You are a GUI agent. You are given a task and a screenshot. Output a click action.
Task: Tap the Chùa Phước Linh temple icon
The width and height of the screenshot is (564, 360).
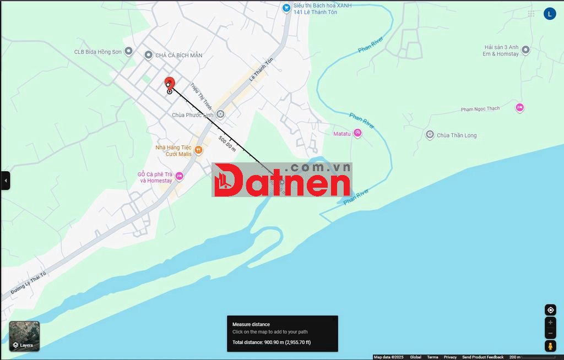coord(220,114)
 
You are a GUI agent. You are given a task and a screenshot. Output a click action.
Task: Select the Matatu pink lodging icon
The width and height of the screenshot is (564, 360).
coord(358,133)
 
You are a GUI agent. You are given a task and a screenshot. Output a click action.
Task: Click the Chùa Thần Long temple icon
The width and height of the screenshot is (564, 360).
coord(430,135)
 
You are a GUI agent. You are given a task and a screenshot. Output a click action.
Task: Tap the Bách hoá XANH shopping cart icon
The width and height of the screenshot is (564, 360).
coord(286,8)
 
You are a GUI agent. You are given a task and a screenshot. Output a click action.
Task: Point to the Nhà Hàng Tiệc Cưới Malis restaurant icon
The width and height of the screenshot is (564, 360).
coord(199,150)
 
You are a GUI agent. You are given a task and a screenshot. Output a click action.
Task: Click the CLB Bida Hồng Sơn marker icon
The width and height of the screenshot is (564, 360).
coord(129,51)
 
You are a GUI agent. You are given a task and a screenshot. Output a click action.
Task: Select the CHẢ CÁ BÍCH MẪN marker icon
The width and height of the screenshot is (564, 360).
coord(148,54)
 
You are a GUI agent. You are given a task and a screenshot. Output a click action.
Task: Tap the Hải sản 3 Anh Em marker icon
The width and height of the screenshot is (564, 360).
coord(525,50)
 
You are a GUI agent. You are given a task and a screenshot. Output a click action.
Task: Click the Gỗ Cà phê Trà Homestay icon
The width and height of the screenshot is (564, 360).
coord(179,176)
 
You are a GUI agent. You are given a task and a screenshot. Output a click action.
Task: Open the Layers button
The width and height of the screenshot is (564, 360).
coord(24,336)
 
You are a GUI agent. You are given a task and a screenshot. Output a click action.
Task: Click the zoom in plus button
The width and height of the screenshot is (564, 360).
coord(550,323)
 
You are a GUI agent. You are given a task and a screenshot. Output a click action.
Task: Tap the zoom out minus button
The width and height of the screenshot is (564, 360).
coord(550,334)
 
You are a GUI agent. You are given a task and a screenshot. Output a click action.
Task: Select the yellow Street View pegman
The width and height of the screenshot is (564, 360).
coord(550,346)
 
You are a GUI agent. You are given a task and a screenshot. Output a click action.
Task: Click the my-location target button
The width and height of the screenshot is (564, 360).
coord(550,310)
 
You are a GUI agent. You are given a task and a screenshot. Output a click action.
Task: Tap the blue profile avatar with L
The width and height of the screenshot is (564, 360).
coord(550,14)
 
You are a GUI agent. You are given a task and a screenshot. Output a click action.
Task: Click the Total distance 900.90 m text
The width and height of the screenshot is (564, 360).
coord(272,342)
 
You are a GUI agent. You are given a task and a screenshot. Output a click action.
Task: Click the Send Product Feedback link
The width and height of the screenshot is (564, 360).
coord(482,357)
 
